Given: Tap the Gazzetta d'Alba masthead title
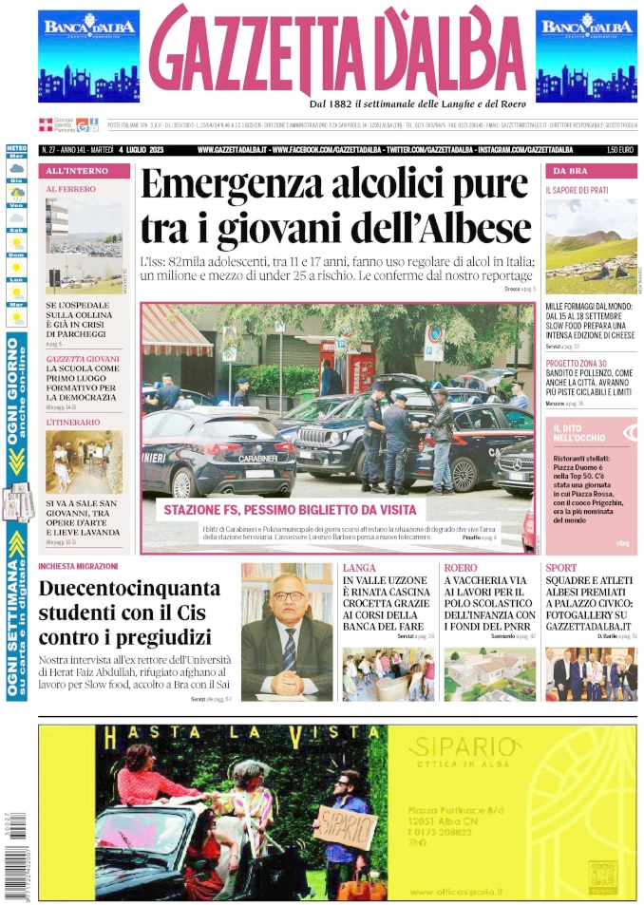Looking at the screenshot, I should [x=337, y=52].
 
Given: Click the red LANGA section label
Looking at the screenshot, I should [x=359, y=568].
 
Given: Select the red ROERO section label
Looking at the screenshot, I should [x=461, y=568].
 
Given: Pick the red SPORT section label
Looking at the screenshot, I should [x=561, y=568].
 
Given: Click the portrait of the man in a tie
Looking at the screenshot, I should [x=286, y=632].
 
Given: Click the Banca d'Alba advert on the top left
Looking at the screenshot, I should [x=88, y=56].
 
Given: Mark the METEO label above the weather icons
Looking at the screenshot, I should [x=16, y=149].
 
